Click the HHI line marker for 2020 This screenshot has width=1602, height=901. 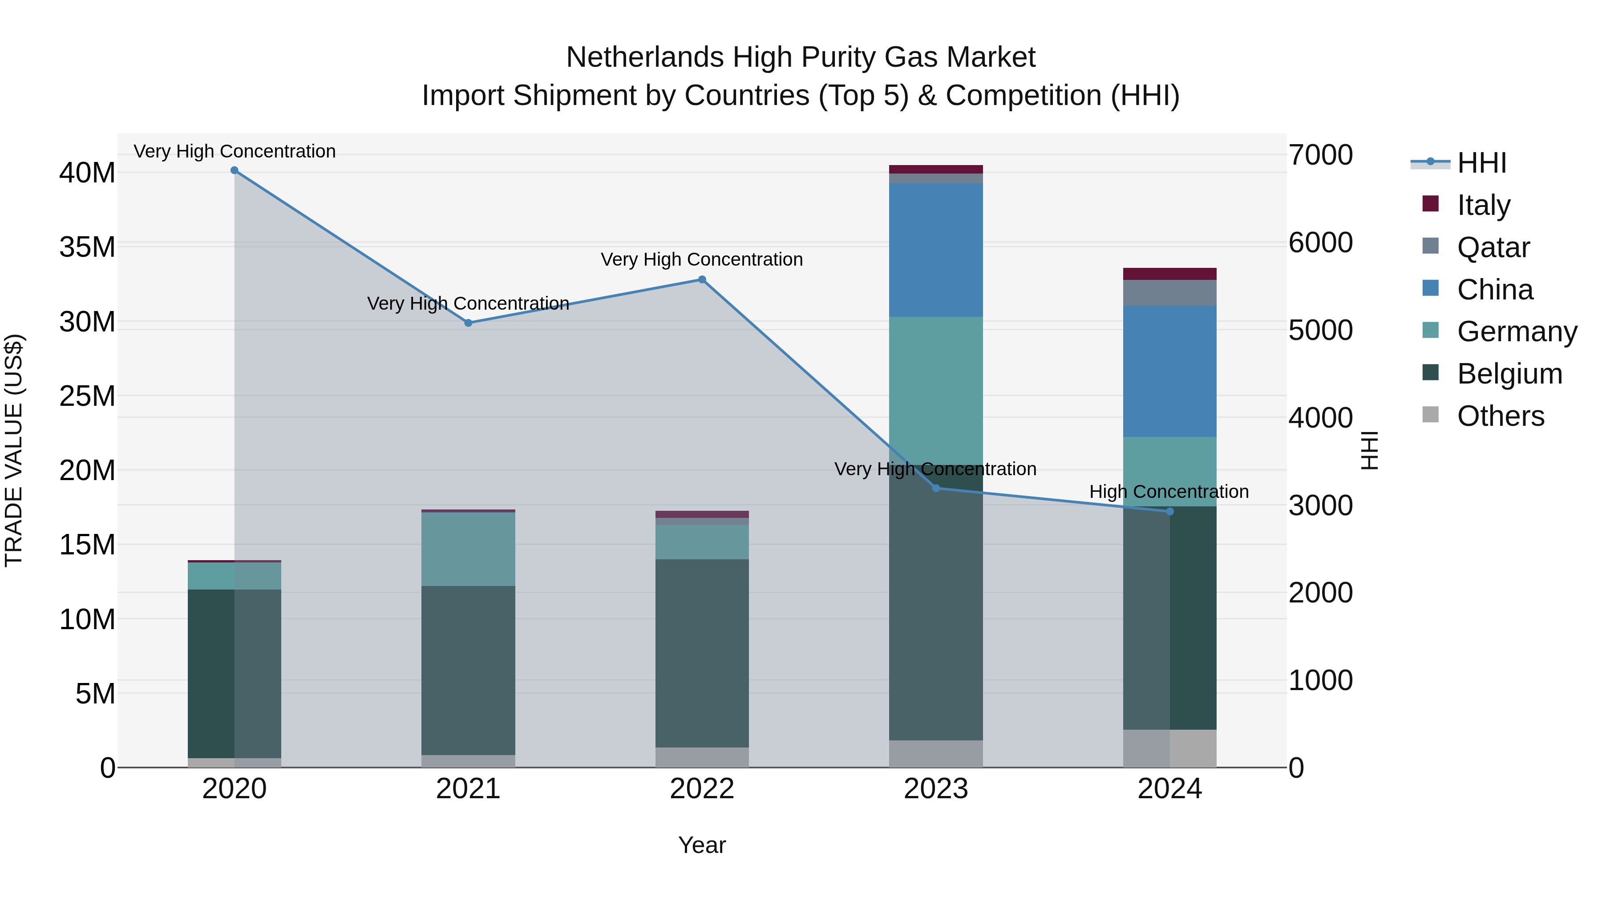click(235, 170)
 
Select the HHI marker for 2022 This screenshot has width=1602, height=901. click(702, 280)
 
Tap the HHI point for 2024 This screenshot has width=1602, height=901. click(1170, 512)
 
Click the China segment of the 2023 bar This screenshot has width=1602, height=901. click(936, 250)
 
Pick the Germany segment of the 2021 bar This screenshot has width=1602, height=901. click(468, 549)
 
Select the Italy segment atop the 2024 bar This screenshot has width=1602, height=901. click(1170, 274)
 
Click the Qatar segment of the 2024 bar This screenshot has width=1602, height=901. click(1170, 293)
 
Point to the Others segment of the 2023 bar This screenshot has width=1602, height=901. click(936, 754)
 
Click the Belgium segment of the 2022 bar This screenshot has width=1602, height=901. click(702, 653)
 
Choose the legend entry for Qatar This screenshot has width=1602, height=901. click(1493, 247)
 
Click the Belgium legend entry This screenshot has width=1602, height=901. click(1509, 374)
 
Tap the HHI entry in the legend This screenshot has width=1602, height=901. click(1481, 163)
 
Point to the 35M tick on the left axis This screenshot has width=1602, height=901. click(87, 247)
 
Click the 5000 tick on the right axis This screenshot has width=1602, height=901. click(1320, 330)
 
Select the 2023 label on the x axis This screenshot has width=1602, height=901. click(936, 789)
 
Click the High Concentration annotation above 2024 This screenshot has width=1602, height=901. click(1169, 492)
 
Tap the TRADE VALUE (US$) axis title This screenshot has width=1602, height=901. click(14, 450)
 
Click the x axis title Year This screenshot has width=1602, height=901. click(702, 845)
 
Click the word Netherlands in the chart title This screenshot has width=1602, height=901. click(645, 57)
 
